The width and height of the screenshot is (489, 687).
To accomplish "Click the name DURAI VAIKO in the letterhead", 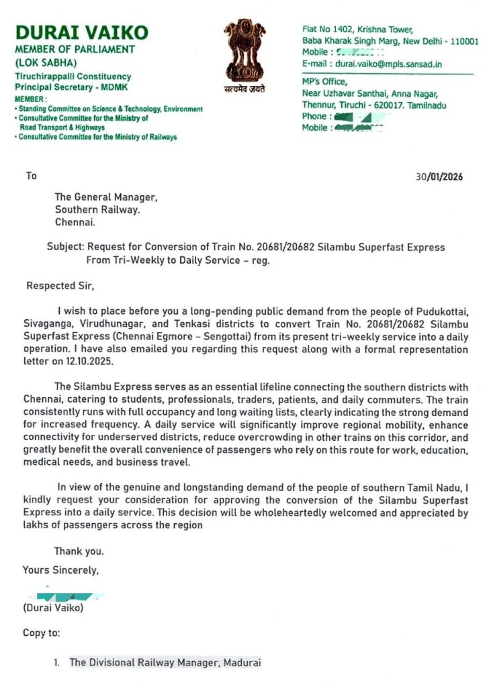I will pos(82,32).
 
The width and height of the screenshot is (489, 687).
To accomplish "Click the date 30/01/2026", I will pos(439,177).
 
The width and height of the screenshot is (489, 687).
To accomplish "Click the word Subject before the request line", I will pos(66,247).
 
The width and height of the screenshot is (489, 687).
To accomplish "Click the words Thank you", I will pos(79,551).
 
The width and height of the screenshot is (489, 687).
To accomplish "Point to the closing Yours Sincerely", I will pos(61,570).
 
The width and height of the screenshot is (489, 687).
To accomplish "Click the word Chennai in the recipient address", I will pos(75,221).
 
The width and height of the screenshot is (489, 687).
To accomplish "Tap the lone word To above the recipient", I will pos(32,176).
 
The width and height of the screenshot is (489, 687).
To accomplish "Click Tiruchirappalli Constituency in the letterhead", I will pos(73,76).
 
